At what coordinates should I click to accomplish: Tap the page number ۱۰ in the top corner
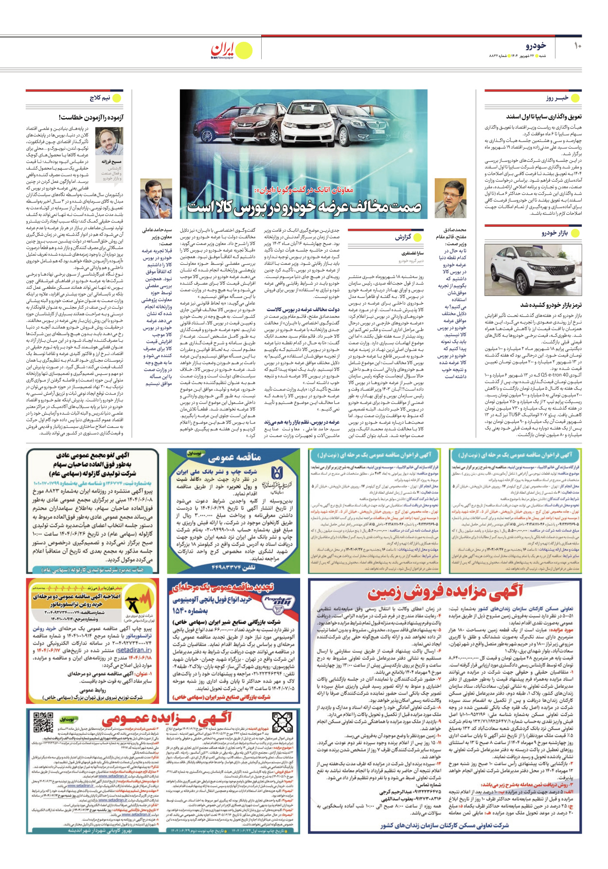pos(577,46)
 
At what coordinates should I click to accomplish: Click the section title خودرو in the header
pos(535,46)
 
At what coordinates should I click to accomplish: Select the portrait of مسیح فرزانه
pos(109,142)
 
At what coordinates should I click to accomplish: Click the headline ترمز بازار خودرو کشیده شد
pos(550,305)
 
